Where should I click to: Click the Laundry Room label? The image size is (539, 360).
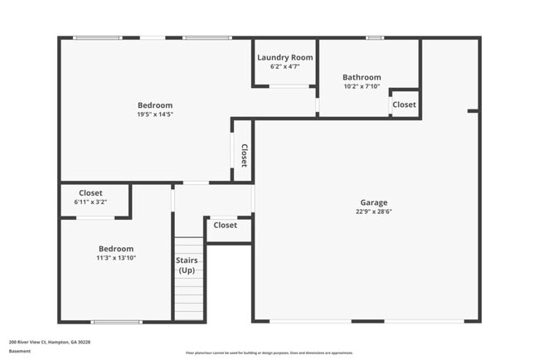(x=284, y=57)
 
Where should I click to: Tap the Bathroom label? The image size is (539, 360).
(x=362, y=77)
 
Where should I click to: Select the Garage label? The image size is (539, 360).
(x=373, y=202)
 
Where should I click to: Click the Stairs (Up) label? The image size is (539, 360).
(x=187, y=265)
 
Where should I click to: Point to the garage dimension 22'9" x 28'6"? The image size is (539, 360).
(x=373, y=212)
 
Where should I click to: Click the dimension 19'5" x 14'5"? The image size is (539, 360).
(x=155, y=114)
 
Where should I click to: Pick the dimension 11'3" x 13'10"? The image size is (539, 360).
(x=116, y=258)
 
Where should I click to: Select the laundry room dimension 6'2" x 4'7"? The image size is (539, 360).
(x=284, y=66)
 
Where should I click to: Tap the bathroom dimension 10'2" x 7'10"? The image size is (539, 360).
(x=362, y=85)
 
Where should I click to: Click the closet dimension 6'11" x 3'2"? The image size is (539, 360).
(x=90, y=202)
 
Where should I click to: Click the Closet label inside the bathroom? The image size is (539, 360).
(x=404, y=105)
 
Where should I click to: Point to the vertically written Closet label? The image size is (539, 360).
(x=244, y=156)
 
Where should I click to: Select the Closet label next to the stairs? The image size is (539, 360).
(x=225, y=225)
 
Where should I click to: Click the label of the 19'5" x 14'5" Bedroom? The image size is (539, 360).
(x=155, y=105)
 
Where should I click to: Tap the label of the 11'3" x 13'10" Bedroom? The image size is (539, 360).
(x=116, y=249)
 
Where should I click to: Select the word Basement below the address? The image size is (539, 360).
(x=20, y=351)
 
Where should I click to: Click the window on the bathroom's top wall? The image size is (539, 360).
(x=375, y=37)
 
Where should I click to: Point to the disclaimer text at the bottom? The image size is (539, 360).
(x=269, y=353)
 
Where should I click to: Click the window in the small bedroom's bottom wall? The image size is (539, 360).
(x=116, y=322)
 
